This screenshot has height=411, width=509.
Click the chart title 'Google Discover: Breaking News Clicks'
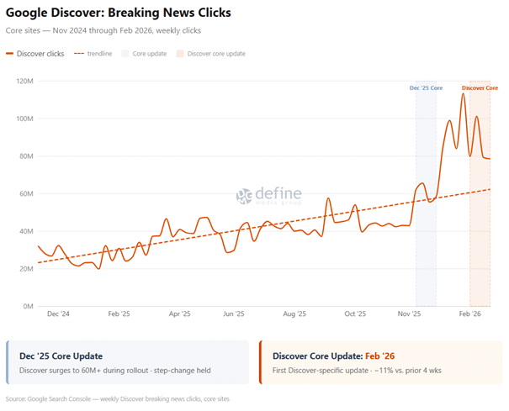119,13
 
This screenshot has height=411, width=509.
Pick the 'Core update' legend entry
149,54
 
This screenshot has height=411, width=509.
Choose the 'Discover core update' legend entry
215,54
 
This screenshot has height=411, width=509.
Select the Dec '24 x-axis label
59,314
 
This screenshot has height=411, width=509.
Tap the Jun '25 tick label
233,314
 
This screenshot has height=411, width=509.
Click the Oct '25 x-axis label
355,314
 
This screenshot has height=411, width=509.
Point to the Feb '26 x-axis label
469,314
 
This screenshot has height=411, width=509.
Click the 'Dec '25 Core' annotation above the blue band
426,88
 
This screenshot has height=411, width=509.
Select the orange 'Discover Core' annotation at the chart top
480,88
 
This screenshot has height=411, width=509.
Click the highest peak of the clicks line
463,94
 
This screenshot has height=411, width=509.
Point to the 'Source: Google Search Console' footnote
117,399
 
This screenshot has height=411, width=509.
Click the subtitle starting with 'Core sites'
103,30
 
